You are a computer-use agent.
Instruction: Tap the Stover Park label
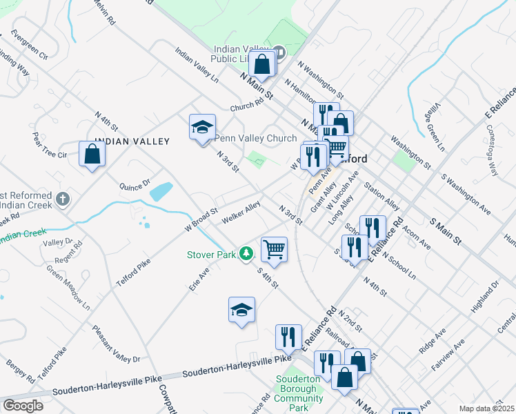pos(211,255)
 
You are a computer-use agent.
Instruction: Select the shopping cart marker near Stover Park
pos(275,249)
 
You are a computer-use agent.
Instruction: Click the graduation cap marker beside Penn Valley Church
pos(201,127)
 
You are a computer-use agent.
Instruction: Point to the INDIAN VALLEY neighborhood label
pos(132,141)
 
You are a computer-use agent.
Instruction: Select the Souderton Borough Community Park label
pos(298,393)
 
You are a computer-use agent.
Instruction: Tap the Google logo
pos(23,406)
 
